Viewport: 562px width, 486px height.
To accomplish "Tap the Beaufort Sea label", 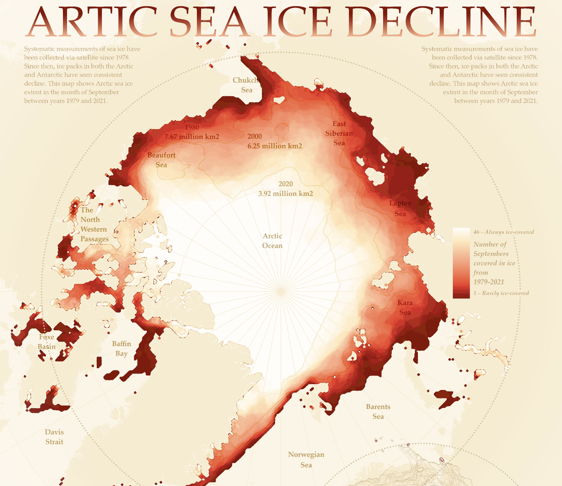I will (x=161, y=160).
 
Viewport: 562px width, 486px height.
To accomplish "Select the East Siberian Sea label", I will (x=339, y=133).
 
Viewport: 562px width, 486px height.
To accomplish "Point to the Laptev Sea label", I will (x=400, y=208).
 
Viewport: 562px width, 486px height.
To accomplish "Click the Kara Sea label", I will (x=405, y=307).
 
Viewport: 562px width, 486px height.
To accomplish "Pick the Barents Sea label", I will (x=378, y=411).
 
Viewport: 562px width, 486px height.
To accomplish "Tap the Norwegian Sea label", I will (x=306, y=459).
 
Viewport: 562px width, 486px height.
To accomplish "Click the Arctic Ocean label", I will (x=272, y=241).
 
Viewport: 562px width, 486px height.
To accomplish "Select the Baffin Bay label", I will (x=122, y=349).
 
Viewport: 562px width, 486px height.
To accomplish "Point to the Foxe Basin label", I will (x=47, y=342).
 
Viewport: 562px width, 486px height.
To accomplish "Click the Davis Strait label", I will (x=54, y=437).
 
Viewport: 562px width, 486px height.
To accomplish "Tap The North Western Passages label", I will (x=94, y=225).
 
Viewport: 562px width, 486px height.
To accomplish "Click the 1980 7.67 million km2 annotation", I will (x=192, y=132).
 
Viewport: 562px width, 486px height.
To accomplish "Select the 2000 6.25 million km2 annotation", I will (x=275, y=141).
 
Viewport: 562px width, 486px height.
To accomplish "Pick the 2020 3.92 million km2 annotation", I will (x=286, y=189).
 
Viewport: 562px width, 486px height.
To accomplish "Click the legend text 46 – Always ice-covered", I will (x=504, y=232).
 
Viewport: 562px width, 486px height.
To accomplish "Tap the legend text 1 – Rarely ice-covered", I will (x=501, y=293).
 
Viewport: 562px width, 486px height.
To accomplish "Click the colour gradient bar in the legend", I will (x=461, y=263).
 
